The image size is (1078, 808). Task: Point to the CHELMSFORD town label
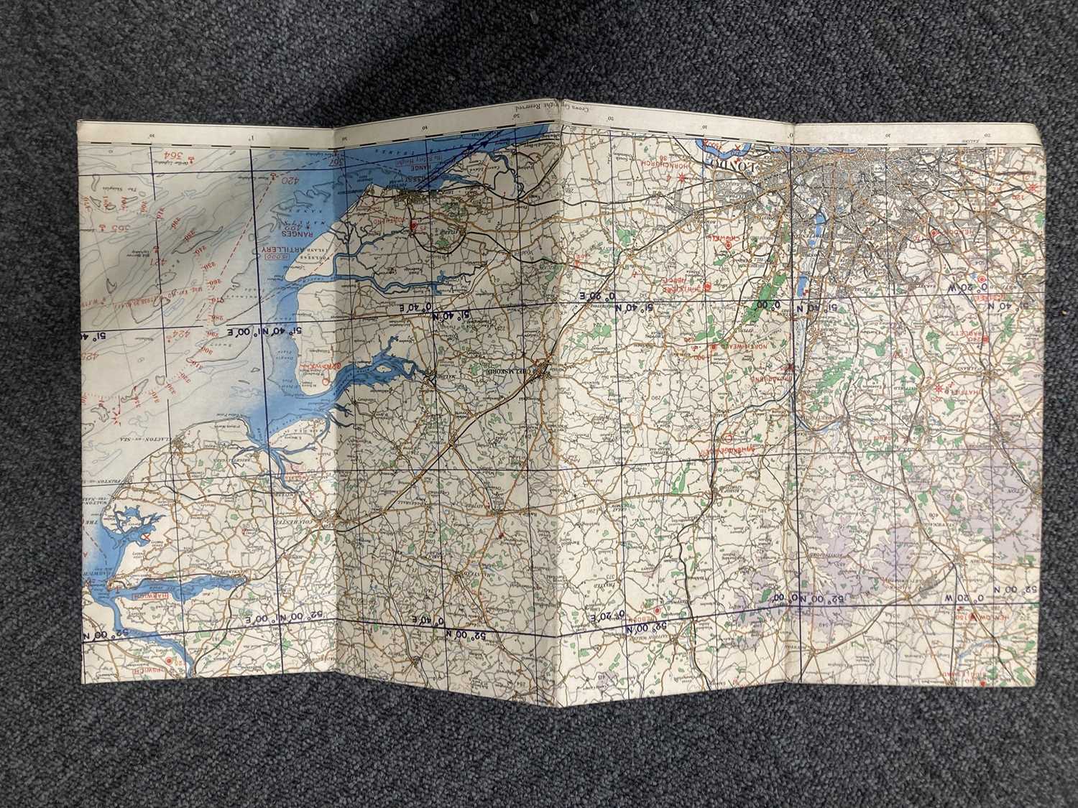coord(512,368)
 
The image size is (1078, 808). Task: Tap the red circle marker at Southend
coord(413,225)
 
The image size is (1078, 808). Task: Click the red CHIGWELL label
coord(723,237)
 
